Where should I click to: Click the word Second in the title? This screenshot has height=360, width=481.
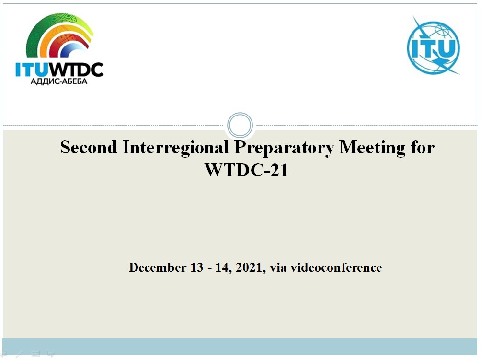[x=88, y=147]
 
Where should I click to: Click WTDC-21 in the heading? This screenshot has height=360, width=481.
[x=247, y=170]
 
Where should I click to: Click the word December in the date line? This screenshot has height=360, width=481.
[x=157, y=267]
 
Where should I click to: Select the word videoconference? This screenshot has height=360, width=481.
[x=336, y=267]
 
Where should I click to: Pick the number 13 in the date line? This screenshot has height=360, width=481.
[x=196, y=267]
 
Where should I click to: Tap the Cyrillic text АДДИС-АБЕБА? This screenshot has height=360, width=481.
[x=59, y=81]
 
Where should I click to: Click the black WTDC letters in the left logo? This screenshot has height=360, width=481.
[x=76, y=70]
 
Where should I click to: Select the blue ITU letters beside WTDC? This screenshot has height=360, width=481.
[x=32, y=70]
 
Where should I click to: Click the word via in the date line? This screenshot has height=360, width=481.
[x=278, y=268]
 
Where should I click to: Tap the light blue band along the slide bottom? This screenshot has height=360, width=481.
[x=240, y=347]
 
